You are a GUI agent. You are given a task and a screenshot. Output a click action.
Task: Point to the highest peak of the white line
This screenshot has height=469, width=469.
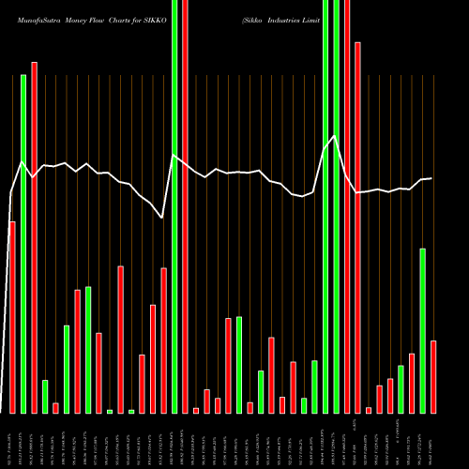(333, 137)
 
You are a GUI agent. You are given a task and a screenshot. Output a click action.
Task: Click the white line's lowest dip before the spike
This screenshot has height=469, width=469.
(162, 218)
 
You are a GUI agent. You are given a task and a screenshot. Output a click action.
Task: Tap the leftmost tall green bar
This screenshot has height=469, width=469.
(23, 244)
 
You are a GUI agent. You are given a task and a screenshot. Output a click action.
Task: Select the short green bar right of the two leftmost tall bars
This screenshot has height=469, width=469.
(45, 396)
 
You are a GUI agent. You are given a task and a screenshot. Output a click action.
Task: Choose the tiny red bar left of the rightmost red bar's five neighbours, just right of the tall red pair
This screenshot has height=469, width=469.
(369, 410)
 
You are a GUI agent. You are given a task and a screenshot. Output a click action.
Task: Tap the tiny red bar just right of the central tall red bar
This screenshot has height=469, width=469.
(195, 410)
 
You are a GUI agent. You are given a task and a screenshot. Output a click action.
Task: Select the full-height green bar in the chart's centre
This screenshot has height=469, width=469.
(174, 206)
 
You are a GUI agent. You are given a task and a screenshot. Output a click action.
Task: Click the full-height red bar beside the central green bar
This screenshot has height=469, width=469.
(185, 206)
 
